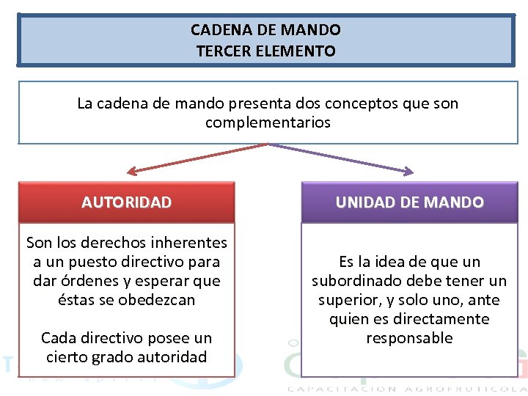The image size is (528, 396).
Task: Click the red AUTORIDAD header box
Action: tap(126, 202)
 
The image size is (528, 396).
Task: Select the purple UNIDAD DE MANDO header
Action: tap(409, 202)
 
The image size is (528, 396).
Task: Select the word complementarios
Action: tap(268, 122)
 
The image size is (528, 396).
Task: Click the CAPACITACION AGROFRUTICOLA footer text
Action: tap(406, 389)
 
